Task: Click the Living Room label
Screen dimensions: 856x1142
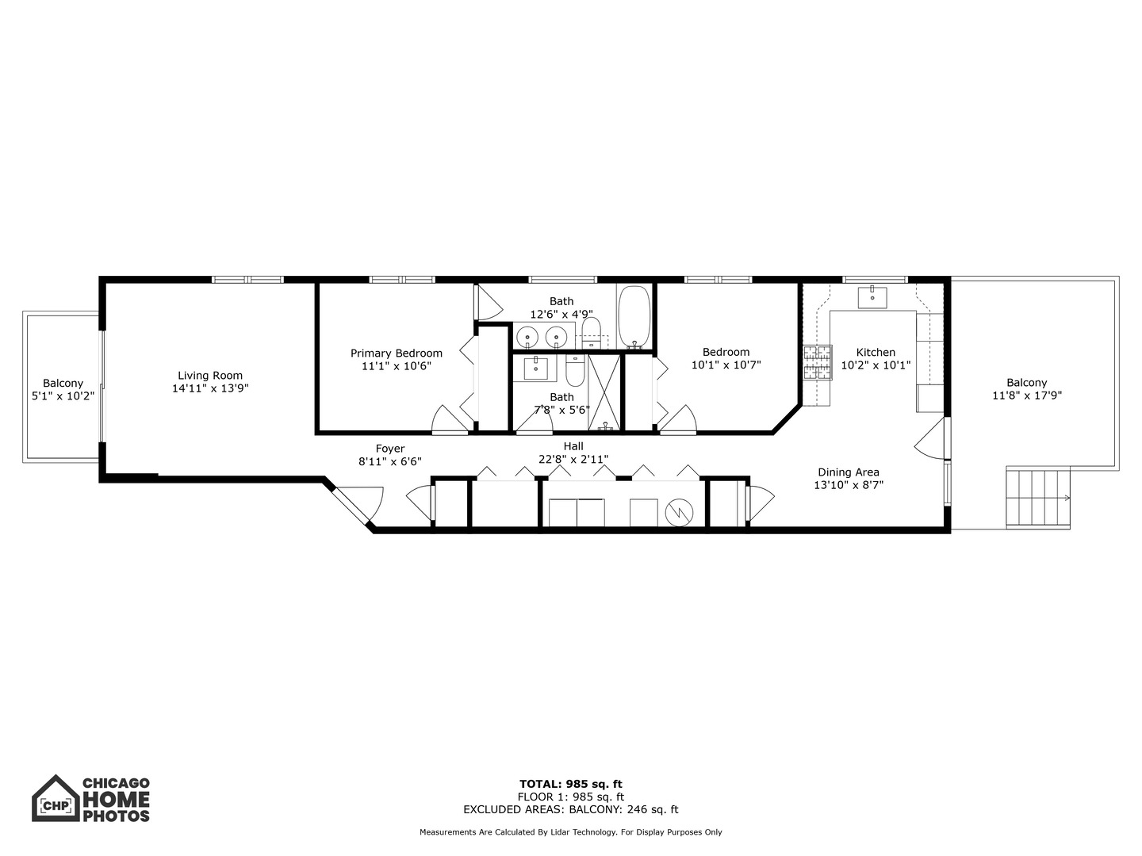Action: (x=210, y=376)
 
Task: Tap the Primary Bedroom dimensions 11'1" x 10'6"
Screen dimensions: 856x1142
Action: (x=397, y=366)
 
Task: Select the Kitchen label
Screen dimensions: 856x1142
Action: (x=876, y=352)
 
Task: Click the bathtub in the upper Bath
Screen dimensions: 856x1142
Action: (x=634, y=317)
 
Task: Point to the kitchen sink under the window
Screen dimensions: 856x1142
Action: (x=872, y=296)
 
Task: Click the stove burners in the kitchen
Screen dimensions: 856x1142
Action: (x=817, y=364)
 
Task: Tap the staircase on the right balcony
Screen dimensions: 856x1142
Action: (x=1038, y=498)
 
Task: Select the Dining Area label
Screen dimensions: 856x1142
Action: (x=849, y=472)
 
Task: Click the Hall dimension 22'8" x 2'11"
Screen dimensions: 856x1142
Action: (x=573, y=459)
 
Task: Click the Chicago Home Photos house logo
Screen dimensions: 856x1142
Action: (x=56, y=799)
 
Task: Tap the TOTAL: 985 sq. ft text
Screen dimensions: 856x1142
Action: (x=571, y=784)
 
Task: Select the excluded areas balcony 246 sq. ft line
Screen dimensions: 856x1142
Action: (x=571, y=809)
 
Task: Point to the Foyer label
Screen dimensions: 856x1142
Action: (x=390, y=449)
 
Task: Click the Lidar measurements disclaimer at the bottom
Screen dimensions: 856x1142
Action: (x=571, y=832)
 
